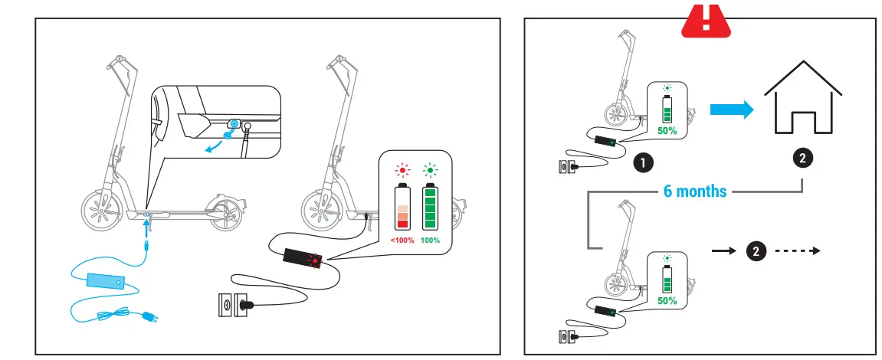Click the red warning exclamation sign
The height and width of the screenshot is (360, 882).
[x=706, y=19]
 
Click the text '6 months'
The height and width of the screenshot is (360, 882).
[x=695, y=191]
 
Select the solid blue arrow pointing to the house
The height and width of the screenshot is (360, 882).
[x=730, y=110]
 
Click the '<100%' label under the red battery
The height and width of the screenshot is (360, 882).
[x=402, y=240]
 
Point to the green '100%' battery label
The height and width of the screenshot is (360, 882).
[x=431, y=240]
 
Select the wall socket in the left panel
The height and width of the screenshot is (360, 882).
[x=228, y=305]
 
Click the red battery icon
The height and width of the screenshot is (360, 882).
[x=402, y=207]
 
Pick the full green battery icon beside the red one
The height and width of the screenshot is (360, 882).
[x=431, y=207]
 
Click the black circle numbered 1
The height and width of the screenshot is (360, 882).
[x=643, y=162]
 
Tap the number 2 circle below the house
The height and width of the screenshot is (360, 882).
[x=802, y=159]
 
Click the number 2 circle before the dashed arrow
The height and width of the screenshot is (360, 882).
[x=756, y=250]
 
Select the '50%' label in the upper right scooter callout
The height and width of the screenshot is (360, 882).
[x=667, y=131]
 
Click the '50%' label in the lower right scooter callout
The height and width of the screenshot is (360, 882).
[x=667, y=301]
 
